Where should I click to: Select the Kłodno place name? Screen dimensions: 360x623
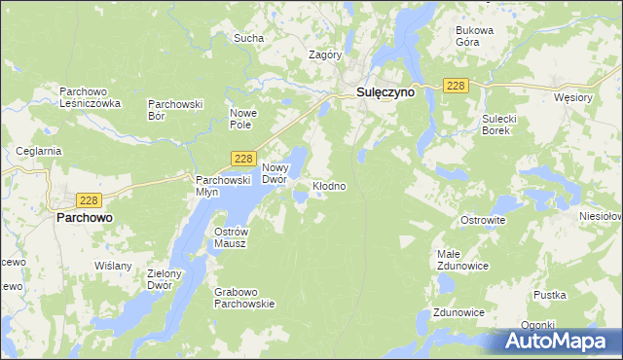329,185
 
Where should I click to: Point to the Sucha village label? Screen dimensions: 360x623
248,39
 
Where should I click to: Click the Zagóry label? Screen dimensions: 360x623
325,55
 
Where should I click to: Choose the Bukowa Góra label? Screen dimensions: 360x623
475,36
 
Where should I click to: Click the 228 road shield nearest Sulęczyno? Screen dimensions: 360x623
457,87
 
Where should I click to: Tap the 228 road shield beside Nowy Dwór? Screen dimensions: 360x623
244,158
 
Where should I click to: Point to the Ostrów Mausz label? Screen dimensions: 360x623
231,236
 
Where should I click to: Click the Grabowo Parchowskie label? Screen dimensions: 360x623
245,297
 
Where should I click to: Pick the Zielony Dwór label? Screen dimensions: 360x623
172,280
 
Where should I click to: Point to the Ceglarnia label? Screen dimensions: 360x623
39,151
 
